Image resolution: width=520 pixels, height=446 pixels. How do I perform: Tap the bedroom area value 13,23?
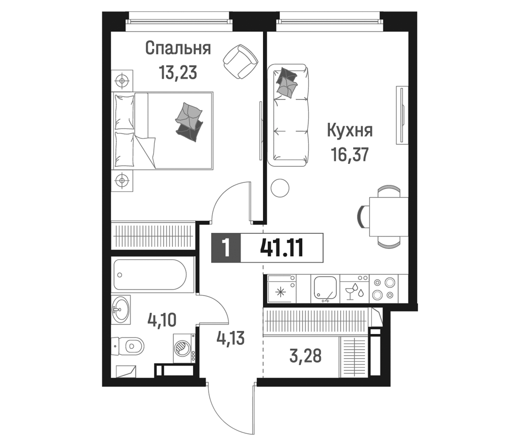click(178, 72)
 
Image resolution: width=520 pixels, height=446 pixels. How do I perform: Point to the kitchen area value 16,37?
click(350, 154)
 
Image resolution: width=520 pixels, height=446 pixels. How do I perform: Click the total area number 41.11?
click(282, 248)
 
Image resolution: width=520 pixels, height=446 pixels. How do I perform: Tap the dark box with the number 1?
click(226, 248)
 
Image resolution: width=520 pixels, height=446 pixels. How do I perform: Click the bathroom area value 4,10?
click(162, 320)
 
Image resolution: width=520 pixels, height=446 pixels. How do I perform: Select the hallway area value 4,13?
click(230, 338)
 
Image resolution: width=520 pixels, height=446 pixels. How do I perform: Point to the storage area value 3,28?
click(305, 356)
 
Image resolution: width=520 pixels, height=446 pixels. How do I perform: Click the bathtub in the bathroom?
click(150, 275)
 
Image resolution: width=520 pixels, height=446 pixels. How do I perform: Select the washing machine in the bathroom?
click(184, 348)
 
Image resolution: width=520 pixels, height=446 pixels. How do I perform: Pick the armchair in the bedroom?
click(240, 61)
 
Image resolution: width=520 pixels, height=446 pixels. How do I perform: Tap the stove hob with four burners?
click(383, 289)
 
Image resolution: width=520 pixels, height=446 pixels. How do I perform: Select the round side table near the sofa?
click(280, 188)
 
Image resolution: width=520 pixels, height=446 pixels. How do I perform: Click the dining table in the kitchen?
click(389, 217)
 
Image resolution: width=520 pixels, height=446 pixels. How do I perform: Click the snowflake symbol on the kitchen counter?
click(280, 292)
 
